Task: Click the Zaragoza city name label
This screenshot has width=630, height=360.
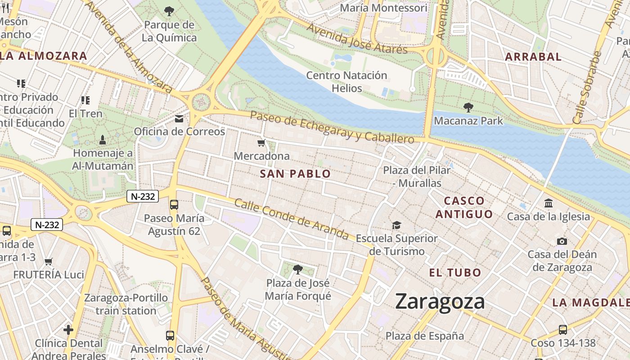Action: coord(440,301)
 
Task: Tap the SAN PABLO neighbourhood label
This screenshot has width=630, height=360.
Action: coord(295,174)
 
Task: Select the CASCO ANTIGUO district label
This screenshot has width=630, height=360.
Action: coord(464,207)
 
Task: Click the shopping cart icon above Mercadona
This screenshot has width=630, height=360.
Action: coord(261,143)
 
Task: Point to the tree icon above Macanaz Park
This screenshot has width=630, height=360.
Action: coord(468,107)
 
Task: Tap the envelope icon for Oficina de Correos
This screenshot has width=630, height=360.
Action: coord(179,119)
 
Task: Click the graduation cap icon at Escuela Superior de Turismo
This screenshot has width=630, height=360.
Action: coord(396,225)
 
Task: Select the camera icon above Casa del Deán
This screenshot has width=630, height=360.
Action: coord(562,241)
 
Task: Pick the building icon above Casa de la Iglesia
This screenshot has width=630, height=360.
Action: coord(548,203)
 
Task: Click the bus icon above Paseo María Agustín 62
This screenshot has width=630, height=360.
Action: coord(174,205)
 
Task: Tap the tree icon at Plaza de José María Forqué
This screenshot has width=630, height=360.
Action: coord(297,270)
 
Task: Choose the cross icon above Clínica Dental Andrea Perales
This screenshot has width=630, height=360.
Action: coord(68,330)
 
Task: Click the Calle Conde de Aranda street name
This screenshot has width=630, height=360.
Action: coord(291,220)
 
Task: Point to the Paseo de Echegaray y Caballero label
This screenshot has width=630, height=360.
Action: coord(332,127)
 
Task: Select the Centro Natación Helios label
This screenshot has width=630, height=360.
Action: coord(346,81)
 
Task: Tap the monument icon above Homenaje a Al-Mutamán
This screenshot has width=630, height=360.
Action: coord(103,140)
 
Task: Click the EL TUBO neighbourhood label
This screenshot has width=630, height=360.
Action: coord(455,272)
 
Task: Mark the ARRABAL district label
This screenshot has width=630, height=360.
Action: coord(533,57)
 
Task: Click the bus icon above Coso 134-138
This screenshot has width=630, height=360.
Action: coord(562,329)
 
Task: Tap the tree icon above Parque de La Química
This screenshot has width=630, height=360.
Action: coord(169,11)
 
